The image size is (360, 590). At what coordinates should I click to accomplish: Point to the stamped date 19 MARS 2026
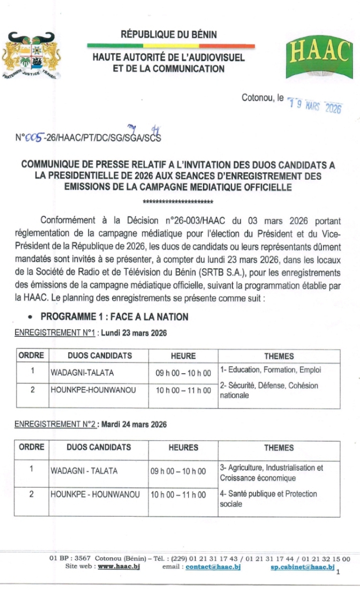(x=315, y=104)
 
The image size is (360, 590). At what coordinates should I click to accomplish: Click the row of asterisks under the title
(x=178, y=202)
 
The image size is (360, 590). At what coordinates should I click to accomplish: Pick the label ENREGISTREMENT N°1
(x=55, y=333)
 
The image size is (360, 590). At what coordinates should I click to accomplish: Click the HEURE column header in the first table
(x=183, y=356)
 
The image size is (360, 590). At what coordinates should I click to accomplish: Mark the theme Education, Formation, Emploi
(x=270, y=369)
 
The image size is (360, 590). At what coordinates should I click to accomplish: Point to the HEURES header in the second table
(x=183, y=448)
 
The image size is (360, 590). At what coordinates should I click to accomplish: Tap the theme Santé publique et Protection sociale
(x=268, y=499)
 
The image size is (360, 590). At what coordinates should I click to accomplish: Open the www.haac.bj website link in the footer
(x=118, y=567)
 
